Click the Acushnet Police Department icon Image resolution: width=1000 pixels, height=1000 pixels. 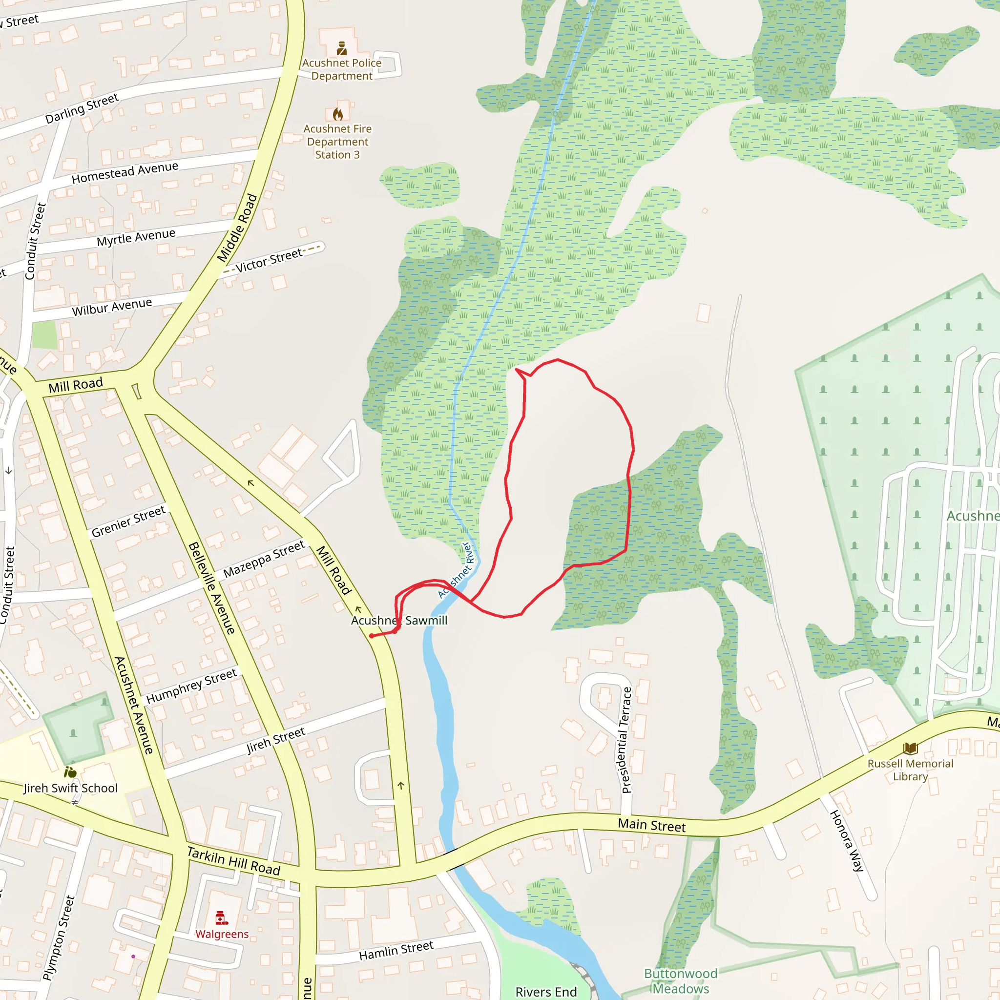pyautogui.click(x=342, y=49)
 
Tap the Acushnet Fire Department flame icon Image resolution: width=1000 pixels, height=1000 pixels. pyautogui.click(x=338, y=114)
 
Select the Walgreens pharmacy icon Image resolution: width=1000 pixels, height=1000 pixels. pyautogui.click(x=222, y=918)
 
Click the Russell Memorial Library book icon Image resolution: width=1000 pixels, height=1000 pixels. pyautogui.click(x=910, y=749)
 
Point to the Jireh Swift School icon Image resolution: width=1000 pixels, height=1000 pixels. pyautogui.click(x=70, y=773)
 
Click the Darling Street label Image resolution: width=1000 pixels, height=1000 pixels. pyautogui.click(x=82, y=109)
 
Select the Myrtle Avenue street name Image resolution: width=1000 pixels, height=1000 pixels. pyautogui.click(x=136, y=237)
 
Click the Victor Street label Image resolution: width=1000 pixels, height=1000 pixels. pyautogui.click(x=269, y=260)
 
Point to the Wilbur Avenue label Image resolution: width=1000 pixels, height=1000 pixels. pyautogui.click(x=112, y=307)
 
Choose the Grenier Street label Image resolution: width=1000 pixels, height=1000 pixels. pyautogui.click(x=128, y=521)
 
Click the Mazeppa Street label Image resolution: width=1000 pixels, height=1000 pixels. pyautogui.click(x=264, y=560)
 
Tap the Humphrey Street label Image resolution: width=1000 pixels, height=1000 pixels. pyautogui.click(x=191, y=687)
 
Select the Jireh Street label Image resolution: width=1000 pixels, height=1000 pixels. pyautogui.click(x=276, y=740)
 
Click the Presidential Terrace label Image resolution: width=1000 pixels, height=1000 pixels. pyautogui.click(x=626, y=740)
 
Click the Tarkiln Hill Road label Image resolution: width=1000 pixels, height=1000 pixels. pyautogui.click(x=234, y=861)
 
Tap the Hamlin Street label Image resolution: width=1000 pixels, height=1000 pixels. pyautogui.click(x=396, y=951)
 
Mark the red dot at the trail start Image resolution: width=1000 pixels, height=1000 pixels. pyautogui.click(x=372, y=636)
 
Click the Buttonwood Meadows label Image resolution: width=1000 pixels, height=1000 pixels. pyautogui.click(x=681, y=981)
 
